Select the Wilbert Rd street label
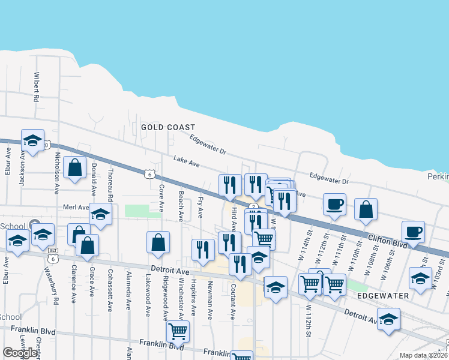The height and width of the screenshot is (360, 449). pyautogui.click(x=37, y=87)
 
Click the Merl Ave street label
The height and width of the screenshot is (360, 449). pyautogui.click(x=75, y=207)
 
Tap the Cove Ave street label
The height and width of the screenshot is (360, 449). pyautogui.click(x=161, y=198)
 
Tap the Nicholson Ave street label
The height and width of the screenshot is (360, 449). pyautogui.click(x=57, y=172)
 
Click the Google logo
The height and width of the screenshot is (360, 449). pyautogui.click(x=20, y=353)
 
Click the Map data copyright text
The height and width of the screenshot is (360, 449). pyautogui.click(x=423, y=355)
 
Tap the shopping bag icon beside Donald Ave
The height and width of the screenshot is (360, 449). pyautogui.click(x=75, y=168)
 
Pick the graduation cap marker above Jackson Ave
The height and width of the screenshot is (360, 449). pyautogui.click(x=32, y=140)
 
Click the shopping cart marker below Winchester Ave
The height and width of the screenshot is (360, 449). pyautogui.click(x=177, y=330)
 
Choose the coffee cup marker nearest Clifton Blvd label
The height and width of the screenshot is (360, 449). pyautogui.click(x=412, y=232)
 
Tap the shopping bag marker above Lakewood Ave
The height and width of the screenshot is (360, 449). pyautogui.click(x=158, y=242)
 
